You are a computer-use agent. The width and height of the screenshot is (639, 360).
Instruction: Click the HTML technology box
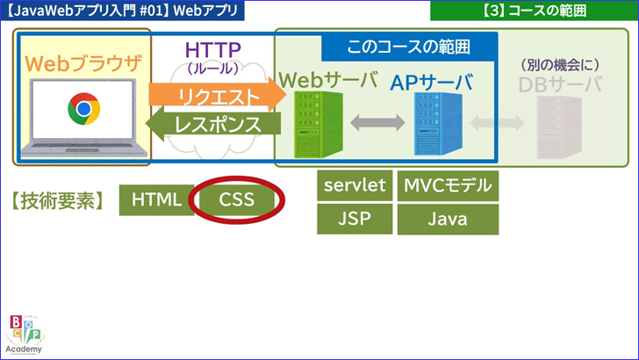[x=156, y=200]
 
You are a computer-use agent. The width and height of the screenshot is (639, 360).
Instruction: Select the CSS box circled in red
[x=237, y=200]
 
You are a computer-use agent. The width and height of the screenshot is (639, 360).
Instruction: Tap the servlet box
[x=355, y=185]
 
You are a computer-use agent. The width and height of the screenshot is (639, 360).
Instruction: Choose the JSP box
[x=355, y=219]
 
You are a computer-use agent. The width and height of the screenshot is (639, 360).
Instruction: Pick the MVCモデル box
[x=448, y=185]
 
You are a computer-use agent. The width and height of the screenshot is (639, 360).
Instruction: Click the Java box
[x=448, y=219]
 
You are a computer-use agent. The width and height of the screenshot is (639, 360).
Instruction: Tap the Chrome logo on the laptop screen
[x=83, y=110]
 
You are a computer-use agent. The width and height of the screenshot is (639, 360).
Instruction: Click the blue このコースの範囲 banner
[x=409, y=47]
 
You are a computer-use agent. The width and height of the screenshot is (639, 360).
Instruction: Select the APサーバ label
[x=432, y=83]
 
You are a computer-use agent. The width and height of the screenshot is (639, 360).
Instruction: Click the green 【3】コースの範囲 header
[x=534, y=11]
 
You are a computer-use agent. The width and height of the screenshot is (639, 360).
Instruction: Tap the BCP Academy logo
[x=24, y=335]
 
